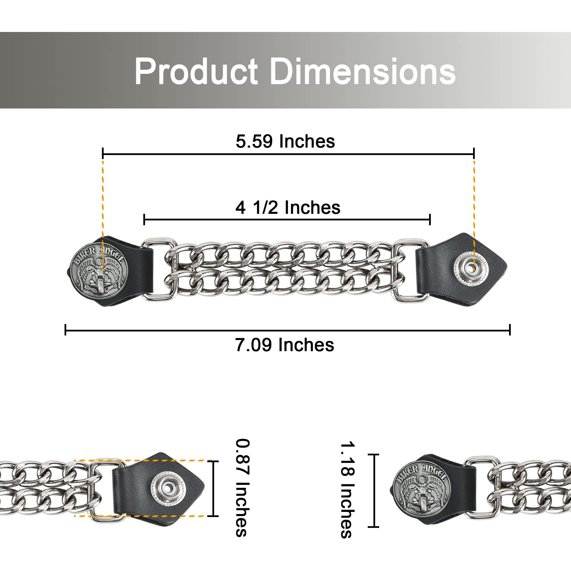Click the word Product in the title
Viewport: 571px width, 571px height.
[x=196, y=72]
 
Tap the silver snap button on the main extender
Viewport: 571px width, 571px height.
[x=471, y=268]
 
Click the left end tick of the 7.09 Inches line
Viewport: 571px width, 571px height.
[x=66, y=329]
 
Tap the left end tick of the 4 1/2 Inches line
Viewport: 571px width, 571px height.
[x=144, y=220]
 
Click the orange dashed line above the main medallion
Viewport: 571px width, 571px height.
[x=103, y=201]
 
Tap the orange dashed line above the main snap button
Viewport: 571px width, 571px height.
[x=474, y=201]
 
